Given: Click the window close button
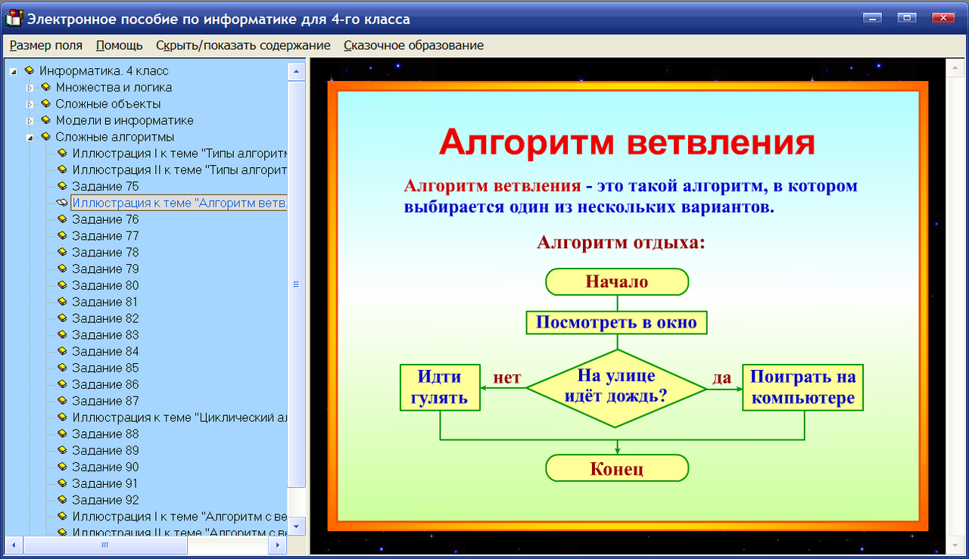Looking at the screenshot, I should coord(943,17).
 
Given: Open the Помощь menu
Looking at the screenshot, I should coord(119,45).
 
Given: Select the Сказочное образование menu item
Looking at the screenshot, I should coord(413,45).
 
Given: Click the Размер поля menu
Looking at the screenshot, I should coord(46,45).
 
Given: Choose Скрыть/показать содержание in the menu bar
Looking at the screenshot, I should coord(243,45).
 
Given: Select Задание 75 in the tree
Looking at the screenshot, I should coord(105,186).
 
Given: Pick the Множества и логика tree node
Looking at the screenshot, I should coord(114,87).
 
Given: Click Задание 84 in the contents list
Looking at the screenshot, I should coord(105,351).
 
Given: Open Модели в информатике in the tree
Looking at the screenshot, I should coord(124,120).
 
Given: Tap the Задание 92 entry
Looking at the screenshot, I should coord(105,500).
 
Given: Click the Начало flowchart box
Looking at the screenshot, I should coord(617,281).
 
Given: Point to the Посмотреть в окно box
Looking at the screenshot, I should coord(616,322).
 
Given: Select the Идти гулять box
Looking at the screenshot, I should coord(440,387).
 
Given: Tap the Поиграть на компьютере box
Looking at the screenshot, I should coord(803,387).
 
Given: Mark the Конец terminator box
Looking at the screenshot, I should coord(617,468).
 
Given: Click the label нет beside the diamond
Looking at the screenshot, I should coord(506,377).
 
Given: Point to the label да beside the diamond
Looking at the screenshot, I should coord(722,377).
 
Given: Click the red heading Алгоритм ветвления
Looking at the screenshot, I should coord(627,142).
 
